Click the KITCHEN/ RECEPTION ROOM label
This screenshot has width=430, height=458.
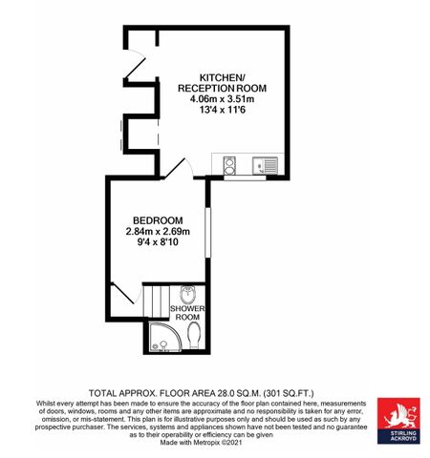click(x=222, y=83)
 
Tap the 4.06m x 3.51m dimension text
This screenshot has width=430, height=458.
click(x=222, y=99)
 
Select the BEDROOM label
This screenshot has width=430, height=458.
click(x=158, y=220)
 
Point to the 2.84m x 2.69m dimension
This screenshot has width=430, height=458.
click(x=158, y=232)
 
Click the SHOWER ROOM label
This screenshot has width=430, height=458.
click(x=187, y=313)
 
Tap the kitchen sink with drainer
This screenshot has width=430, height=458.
click(x=265, y=165)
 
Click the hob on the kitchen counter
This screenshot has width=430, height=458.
click(x=228, y=166)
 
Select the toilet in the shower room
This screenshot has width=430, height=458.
click(x=194, y=335)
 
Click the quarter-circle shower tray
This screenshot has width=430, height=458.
click(x=164, y=337)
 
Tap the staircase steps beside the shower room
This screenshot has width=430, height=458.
click(x=156, y=302)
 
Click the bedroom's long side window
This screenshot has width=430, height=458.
click(x=207, y=232)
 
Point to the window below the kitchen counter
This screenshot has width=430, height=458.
click(x=245, y=177)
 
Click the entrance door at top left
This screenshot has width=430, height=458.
click(x=135, y=63)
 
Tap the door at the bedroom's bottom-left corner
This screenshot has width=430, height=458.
click(x=126, y=293)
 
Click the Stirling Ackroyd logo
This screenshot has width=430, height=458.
click(x=398, y=421)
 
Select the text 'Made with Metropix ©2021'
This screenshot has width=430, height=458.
click(x=201, y=443)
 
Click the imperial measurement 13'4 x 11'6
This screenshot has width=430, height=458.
click(x=222, y=111)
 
